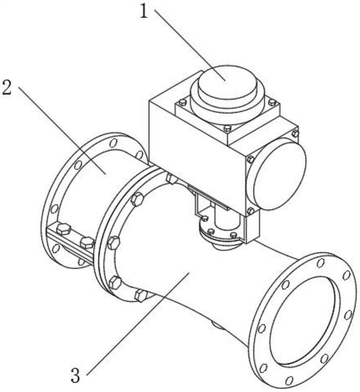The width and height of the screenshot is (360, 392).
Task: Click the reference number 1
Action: coord(144,11)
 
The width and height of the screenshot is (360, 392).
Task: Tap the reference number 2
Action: coord(7,88)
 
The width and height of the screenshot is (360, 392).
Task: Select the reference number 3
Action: coord(75,375)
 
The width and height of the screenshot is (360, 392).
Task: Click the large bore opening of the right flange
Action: coord(305,320)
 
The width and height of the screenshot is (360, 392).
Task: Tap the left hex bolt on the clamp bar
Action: coord(63,229)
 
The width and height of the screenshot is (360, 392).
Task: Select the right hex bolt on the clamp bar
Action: coord(87,243)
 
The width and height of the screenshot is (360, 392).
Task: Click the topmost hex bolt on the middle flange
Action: coord(172,178)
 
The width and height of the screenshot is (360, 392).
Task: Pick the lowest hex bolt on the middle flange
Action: coord(141,295)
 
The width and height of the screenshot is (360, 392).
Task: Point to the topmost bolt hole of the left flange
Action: coord(114,143)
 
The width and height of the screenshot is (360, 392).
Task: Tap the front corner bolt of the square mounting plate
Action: coord(227,128)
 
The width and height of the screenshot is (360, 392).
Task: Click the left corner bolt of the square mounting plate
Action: coord(183,102)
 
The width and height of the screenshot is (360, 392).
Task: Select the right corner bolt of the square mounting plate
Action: coord(272,102)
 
